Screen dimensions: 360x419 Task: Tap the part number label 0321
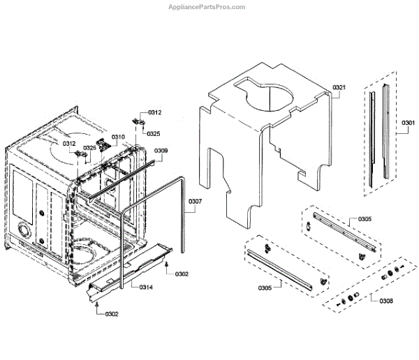coord(340,87)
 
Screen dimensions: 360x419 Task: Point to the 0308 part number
coord(386,301)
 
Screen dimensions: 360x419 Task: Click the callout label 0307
coord(196,202)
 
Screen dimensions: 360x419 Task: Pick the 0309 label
coord(161,151)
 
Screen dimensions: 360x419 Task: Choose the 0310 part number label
coord(118,137)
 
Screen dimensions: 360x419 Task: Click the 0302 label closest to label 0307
coord(182,274)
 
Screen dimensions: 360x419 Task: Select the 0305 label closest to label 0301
coord(365,219)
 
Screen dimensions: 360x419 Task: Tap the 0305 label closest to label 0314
coord(265,287)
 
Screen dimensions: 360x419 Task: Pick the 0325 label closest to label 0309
coord(153,133)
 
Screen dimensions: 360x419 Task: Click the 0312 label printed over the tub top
coord(69,144)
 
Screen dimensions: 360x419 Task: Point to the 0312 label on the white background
coord(154,113)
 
